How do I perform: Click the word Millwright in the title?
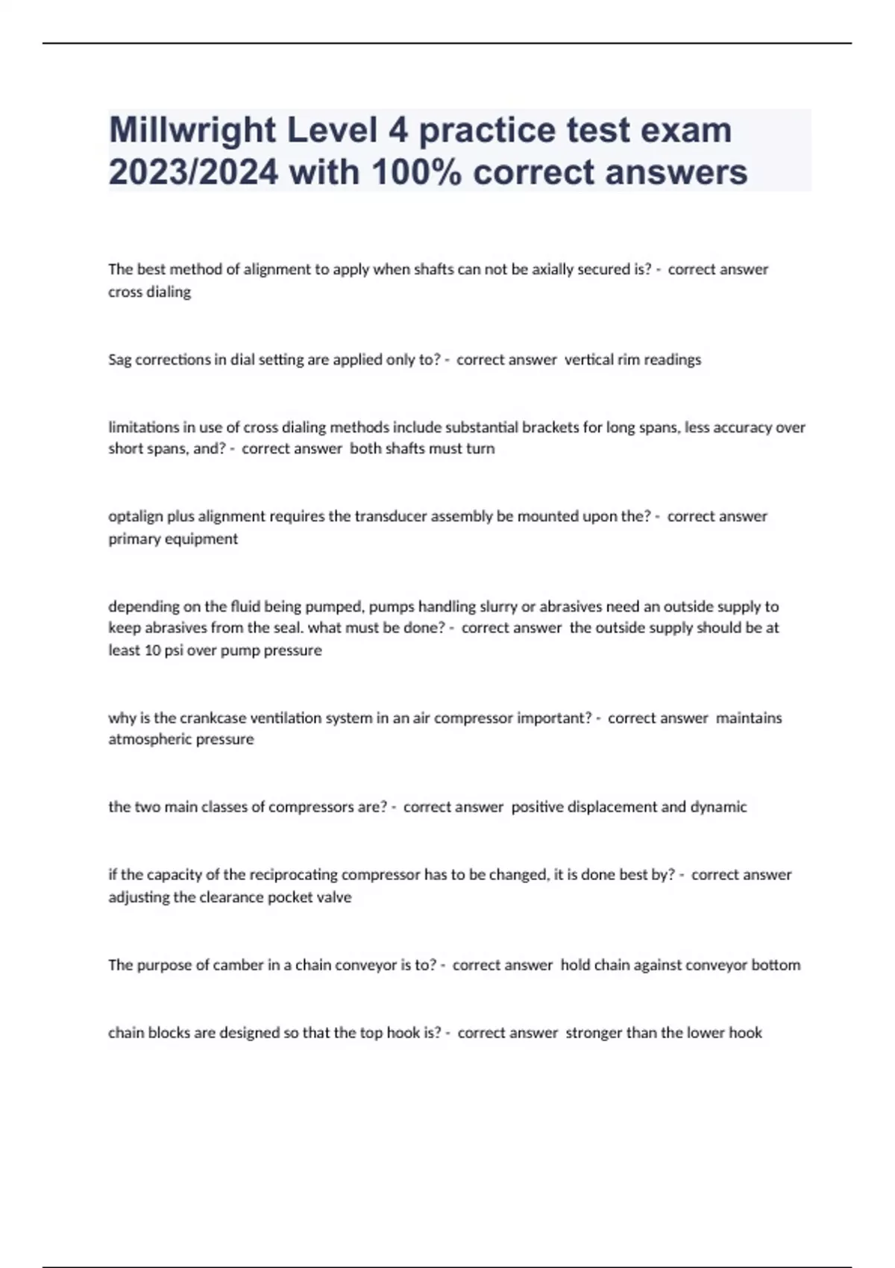point(192,131)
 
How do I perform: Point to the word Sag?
point(119,360)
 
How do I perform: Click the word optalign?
point(135,517)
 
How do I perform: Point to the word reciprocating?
point(294,875)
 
